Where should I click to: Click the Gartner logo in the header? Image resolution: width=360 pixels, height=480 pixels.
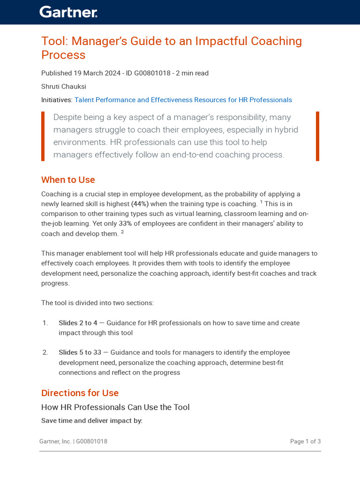[68, 12]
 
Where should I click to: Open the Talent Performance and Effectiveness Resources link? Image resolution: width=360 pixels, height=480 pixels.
[183, 100]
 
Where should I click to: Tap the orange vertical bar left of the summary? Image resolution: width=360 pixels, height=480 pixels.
[43, 136]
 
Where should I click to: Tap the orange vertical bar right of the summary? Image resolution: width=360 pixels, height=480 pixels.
[317, 136]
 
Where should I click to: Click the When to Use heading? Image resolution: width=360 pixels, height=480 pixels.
[68, 180]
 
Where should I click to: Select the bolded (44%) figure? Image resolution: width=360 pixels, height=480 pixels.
[140, 204]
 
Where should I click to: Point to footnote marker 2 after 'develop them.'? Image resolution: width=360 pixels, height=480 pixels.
[122, 232]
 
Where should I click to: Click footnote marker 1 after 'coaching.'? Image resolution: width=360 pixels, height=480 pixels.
[262, 202]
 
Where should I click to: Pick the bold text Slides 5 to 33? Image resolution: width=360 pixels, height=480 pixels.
[80, 352]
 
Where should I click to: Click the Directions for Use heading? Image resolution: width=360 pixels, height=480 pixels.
[80, 393]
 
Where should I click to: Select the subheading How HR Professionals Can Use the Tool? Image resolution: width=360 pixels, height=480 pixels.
[115, 407]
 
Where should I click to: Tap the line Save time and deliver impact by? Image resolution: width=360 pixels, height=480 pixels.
[92, 421]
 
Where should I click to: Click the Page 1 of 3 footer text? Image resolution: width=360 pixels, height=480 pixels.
[305, 442]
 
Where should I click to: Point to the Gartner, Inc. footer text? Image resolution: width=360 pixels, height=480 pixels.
[55, 442]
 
